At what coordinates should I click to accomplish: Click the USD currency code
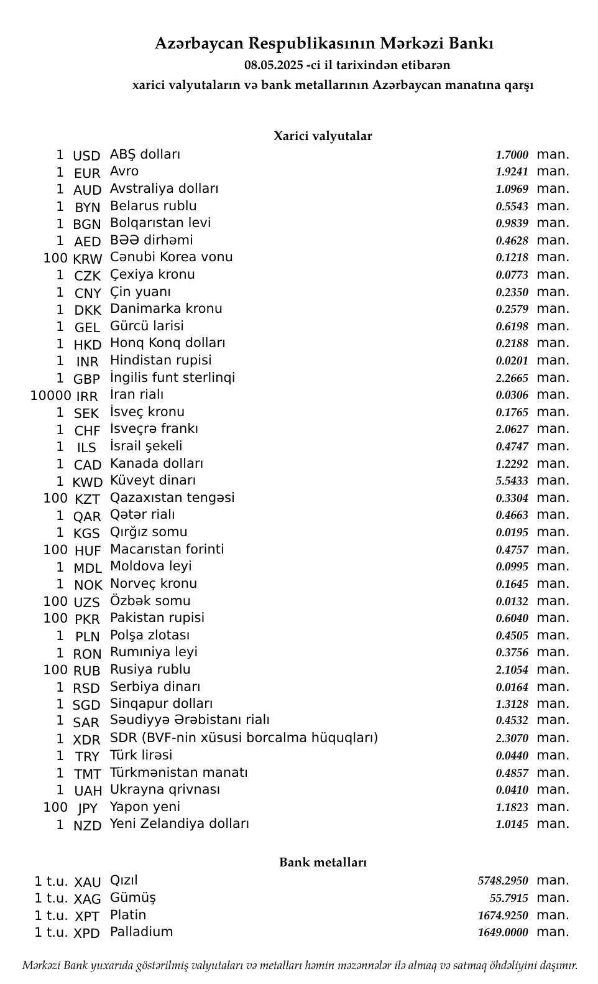tap(86, 156)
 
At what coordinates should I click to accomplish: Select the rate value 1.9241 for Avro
tap(512, 172)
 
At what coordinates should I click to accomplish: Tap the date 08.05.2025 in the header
tap(274, 65)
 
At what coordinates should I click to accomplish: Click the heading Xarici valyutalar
tap(323, 136)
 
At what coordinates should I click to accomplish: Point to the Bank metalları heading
tap(323, 863)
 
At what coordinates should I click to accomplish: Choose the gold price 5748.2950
tap(502, 881)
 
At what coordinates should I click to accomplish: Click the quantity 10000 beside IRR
tap(50, 396)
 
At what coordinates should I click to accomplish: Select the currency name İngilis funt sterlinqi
tap(172, 378)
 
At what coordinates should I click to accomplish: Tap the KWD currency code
tap(87, 482)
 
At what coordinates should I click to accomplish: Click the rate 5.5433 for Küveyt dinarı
tap(512, 481)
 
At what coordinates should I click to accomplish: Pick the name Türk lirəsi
tap(141, 755)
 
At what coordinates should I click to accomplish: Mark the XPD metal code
tap(86, 934)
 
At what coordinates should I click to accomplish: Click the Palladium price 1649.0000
tap(502, 932)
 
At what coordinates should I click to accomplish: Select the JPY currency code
tap(87, 809)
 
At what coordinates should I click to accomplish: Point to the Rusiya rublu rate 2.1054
tap(512, 670)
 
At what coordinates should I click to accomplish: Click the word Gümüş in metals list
tap(132, 898)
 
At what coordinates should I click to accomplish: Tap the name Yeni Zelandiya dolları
tap(179, 824)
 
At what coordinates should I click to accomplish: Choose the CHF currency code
tap(87, 431)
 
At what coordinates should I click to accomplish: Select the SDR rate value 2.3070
tap(512, 738)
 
